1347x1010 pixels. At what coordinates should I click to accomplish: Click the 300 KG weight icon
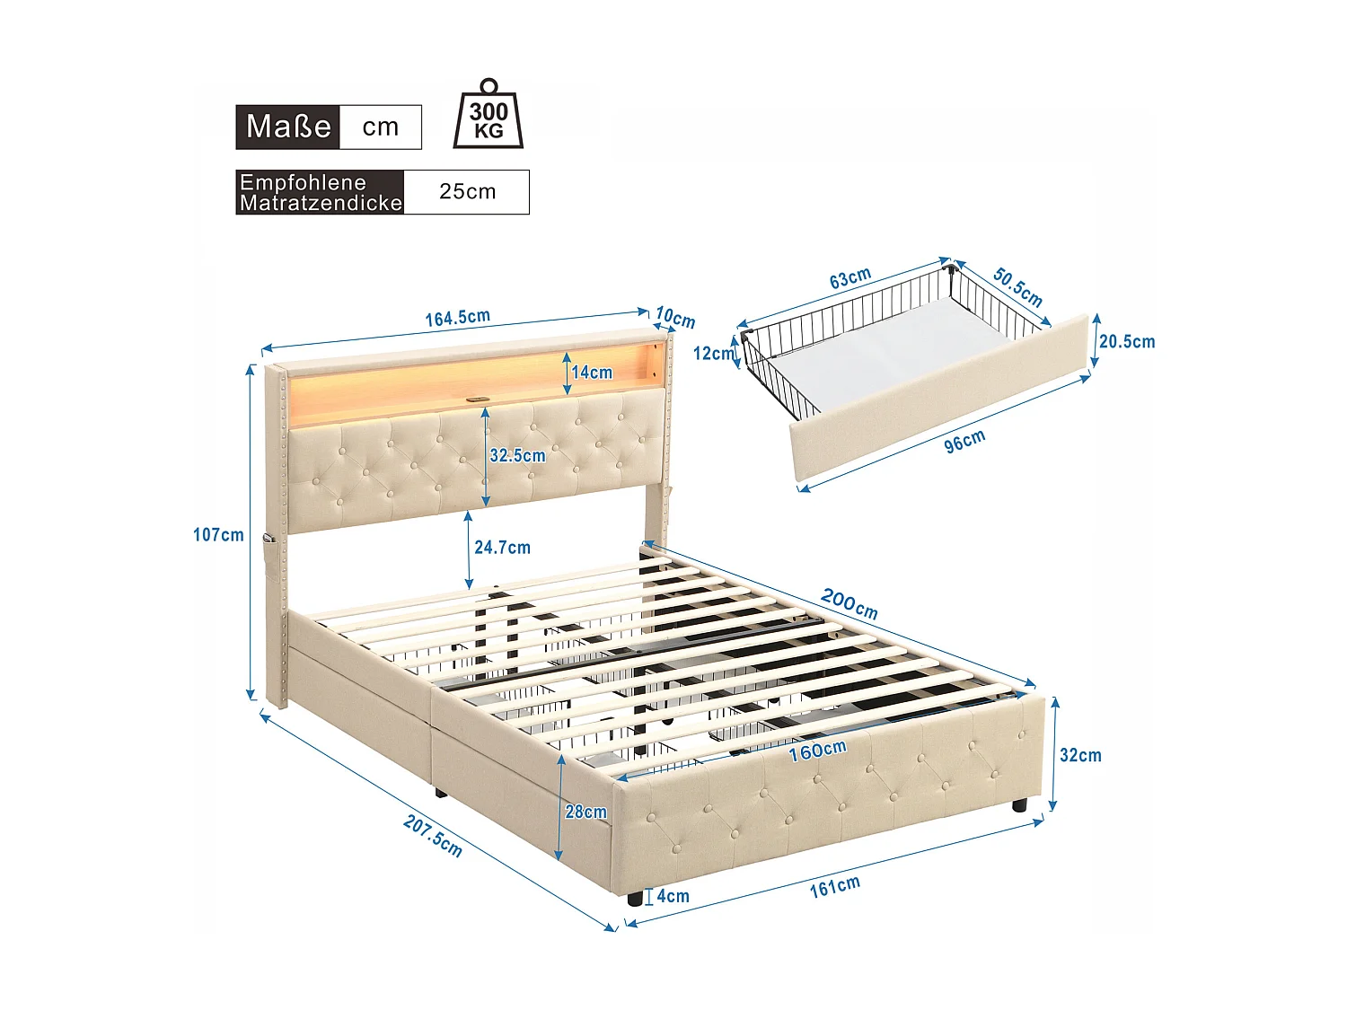click(489, 115)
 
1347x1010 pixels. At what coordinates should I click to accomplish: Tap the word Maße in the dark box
click(288, 127)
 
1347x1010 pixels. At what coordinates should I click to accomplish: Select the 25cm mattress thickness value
click(467, 191)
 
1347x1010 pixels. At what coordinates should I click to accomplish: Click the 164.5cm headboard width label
click(457, 318)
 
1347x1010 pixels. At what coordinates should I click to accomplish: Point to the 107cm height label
click(218, 535)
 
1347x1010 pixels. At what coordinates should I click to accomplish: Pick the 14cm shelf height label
click(592, 372)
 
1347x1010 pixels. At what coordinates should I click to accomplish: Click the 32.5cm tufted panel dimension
click(517, 455)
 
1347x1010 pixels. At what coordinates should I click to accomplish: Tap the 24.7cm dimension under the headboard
click(502, 547)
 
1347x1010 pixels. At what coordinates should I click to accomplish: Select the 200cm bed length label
click(849, 603)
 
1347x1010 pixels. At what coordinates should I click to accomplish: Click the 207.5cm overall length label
click(433, 836)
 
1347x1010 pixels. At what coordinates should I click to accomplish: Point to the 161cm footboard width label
click(834, 886)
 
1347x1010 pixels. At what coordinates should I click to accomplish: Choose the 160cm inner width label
click(817, 750)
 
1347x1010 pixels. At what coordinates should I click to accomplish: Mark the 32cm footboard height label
click(1080, 755)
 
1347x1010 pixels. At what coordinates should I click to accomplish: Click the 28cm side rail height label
click(585, 812)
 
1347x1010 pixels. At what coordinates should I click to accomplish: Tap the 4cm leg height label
click(673, 896)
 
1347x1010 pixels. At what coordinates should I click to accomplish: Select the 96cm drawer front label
click(964, 441)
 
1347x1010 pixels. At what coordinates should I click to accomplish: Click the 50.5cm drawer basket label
click(1017, 286)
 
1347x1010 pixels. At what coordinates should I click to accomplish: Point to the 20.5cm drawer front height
click(1127, 342)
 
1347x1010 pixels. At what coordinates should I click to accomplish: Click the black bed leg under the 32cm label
click(1019, 805)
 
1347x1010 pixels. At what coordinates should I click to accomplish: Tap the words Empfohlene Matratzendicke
click(321, 192)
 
